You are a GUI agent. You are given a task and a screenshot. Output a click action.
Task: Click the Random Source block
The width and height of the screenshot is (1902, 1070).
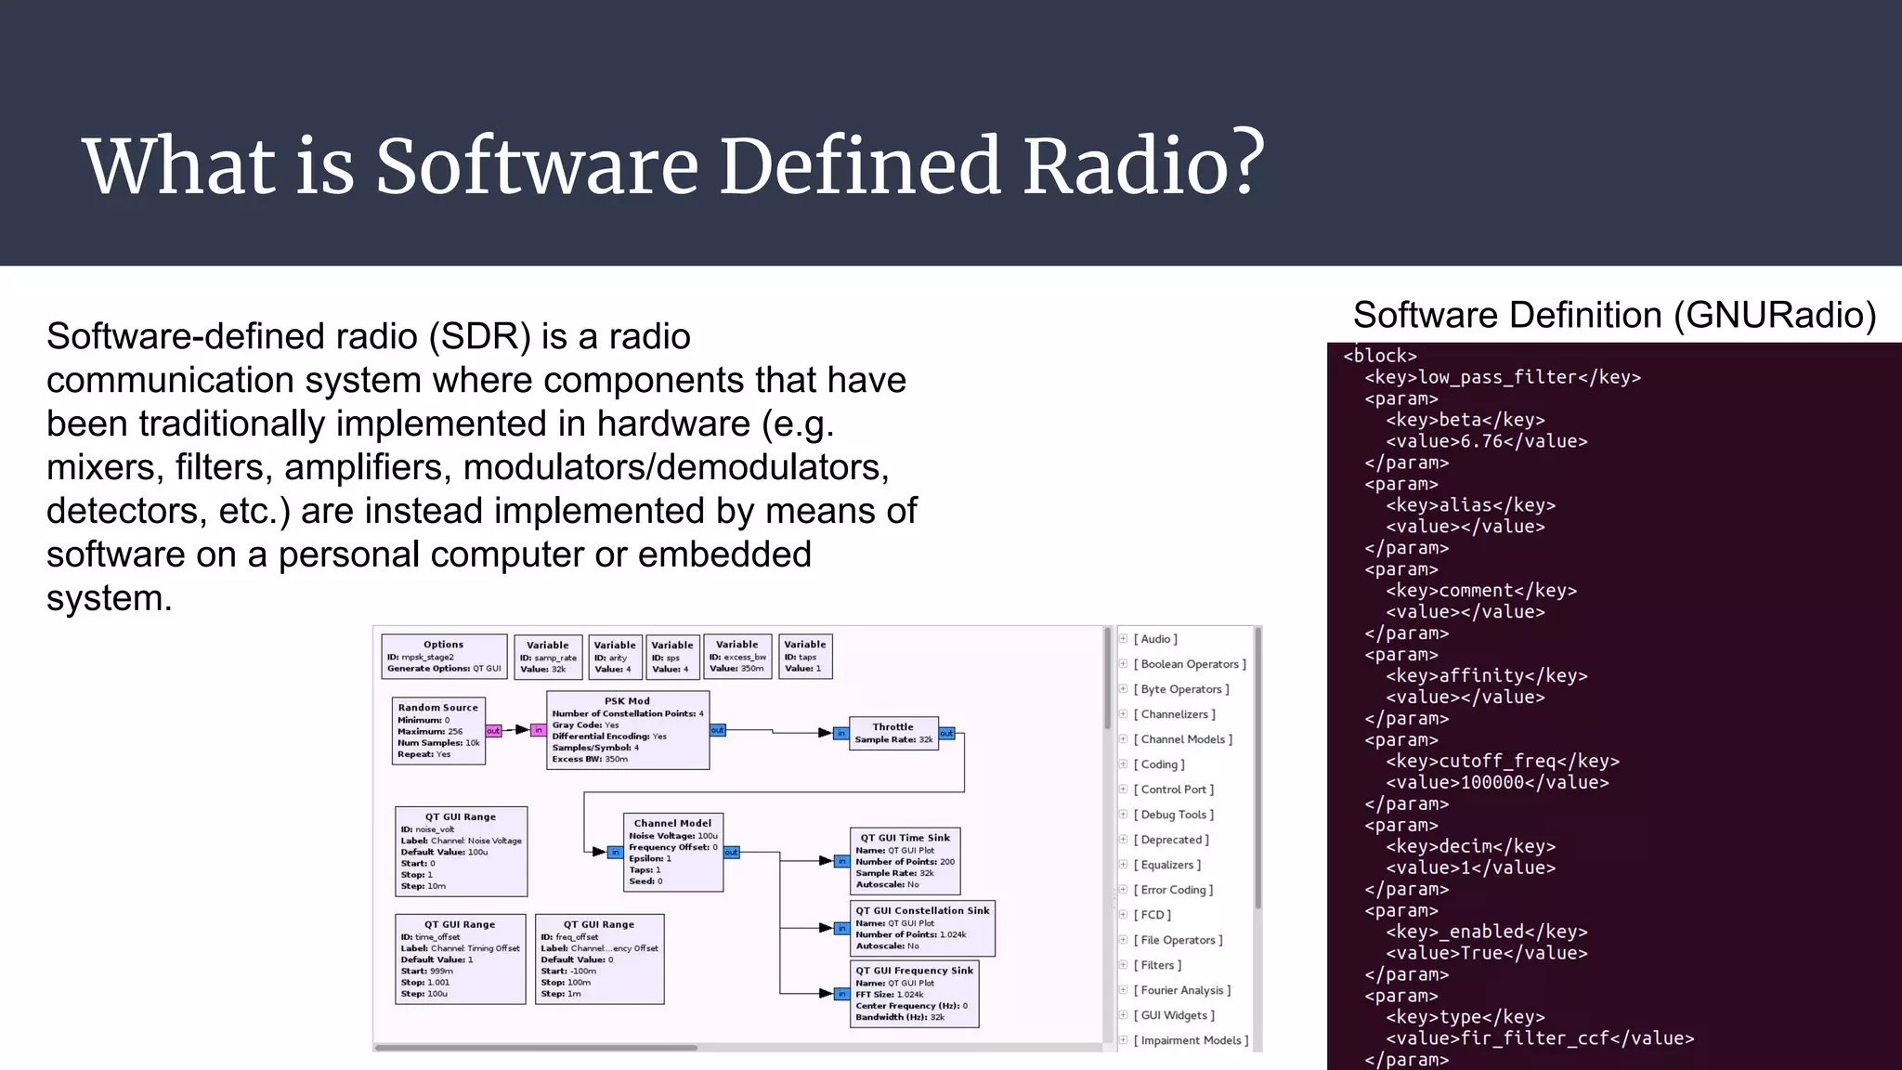point(438,731)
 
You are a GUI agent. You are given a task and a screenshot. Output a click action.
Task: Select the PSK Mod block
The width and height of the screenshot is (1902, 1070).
point(628,730)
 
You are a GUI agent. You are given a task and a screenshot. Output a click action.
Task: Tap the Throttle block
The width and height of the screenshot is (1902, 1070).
point(892,733)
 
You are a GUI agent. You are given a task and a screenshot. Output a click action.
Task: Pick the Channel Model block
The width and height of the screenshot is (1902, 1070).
point(672,852)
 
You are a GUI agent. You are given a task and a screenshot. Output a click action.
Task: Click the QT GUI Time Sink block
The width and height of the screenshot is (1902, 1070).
point(905,860)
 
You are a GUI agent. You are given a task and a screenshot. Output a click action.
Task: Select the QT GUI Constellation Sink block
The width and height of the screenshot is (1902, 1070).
point(922,928)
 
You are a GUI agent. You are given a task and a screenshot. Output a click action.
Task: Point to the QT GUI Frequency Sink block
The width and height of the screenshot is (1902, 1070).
point(914,994)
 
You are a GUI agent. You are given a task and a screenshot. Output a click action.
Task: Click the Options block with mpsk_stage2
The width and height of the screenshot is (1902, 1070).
point(444,656)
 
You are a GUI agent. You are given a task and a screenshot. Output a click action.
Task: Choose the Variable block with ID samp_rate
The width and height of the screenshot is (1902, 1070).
point(548,657)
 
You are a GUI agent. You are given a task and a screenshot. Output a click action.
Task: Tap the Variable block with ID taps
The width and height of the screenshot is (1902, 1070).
point(804,656)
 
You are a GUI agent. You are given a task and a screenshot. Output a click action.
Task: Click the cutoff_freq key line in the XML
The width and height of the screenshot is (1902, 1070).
point(1502,761)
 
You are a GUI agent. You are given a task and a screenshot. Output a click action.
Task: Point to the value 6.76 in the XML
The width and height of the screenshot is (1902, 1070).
point(1486,441)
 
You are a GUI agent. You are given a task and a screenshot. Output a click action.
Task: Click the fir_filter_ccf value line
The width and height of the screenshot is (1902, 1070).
point(1539,1038)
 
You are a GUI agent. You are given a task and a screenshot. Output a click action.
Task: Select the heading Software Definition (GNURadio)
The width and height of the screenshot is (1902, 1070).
point(1614,315)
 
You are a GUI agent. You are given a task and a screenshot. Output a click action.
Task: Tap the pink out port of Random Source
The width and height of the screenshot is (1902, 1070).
point(493,731)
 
